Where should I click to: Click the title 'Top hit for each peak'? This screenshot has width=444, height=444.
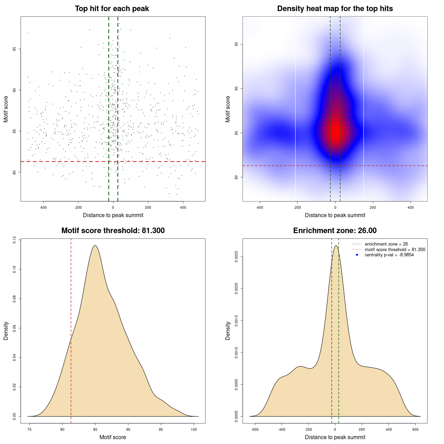coord(112,9)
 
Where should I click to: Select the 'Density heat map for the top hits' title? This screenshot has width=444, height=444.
coord(335,9)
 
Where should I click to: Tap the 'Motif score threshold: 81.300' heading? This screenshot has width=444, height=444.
coord(113,231)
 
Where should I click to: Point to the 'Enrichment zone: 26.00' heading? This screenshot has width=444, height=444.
coord(335,231)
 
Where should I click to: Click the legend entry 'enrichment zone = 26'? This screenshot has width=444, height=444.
coord(386,244)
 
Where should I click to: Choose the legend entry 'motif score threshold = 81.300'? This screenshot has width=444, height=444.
coord(395,249)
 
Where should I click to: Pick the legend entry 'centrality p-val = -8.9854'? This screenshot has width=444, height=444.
coord(389,255)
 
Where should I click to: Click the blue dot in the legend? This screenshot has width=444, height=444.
coord(357,255)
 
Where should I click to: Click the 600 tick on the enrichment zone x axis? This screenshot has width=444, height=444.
coord(416,429)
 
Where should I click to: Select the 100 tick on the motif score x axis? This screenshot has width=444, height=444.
coord(194,429)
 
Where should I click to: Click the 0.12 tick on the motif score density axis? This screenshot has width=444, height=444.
coord(15,240)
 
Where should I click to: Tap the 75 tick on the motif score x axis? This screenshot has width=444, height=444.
coord(29,429)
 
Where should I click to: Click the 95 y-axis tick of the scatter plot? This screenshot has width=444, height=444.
coord(15,49)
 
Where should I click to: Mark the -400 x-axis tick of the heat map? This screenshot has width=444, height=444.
coord(259,207)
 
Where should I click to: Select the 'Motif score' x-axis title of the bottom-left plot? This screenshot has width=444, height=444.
coord(113,437)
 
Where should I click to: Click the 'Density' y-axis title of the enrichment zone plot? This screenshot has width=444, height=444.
coord(228,331)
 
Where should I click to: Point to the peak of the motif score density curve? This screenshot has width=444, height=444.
coord(95,246)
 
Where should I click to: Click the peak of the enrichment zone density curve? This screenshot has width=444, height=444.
coord(335,246)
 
